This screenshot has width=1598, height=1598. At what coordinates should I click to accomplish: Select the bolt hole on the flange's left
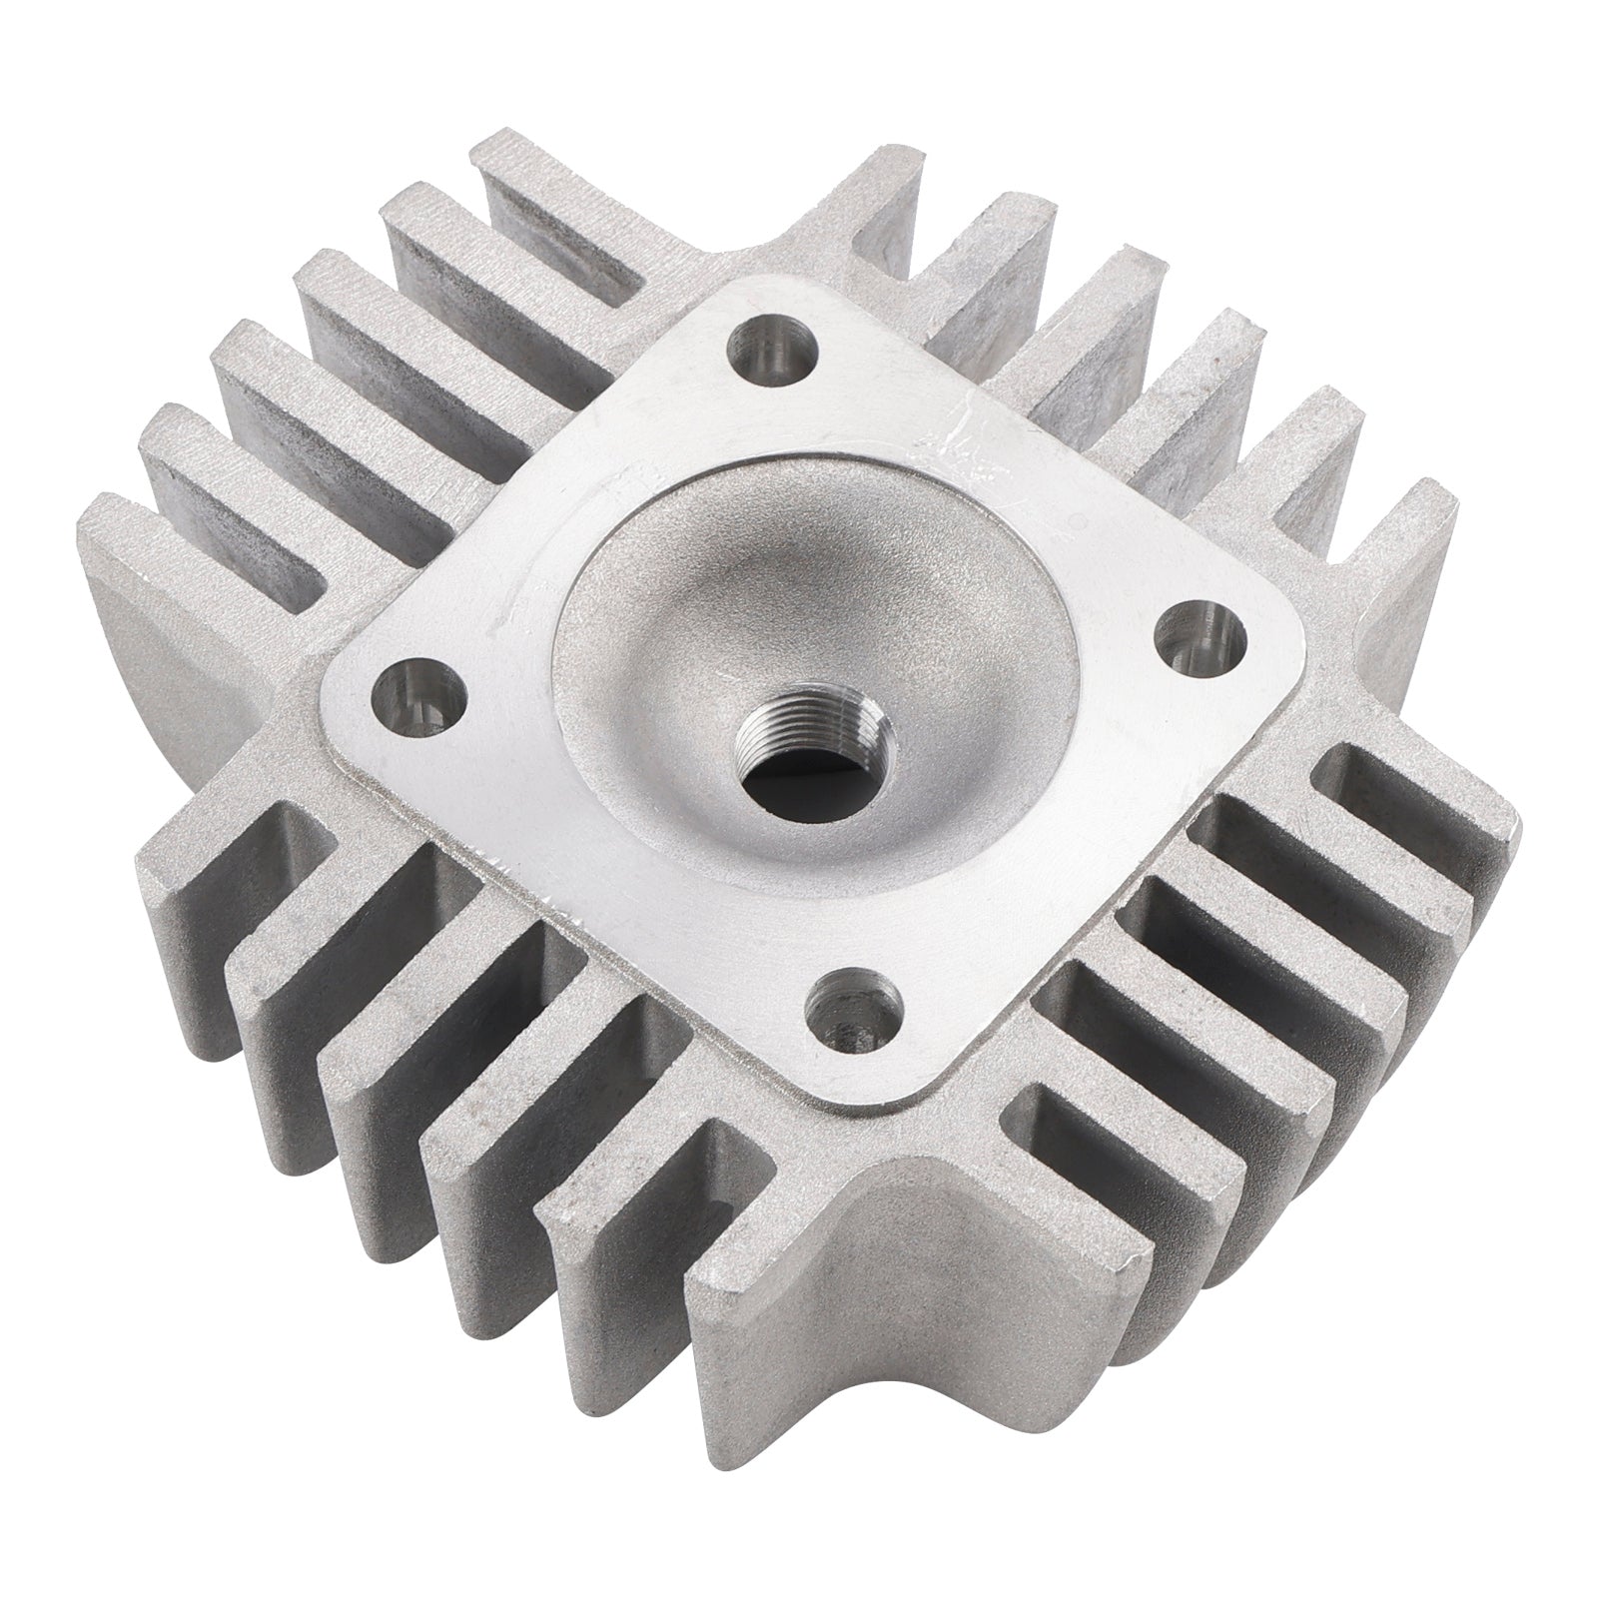420,692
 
